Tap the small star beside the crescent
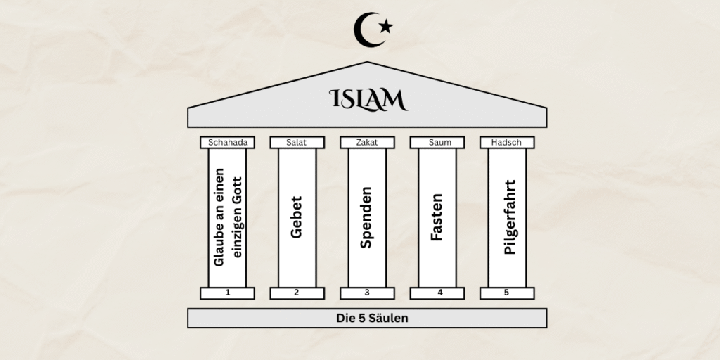(385, 27)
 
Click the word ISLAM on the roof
(368, 99)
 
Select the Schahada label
(227, 143)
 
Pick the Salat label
(297, 143)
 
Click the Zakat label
(367, 143)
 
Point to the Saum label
(437, 143)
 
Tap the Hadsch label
(507, 143)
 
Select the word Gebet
(297, 217)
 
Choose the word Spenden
(366, 217)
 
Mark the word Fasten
(437, 217)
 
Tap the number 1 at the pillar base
(227, 292)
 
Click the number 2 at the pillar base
(297, 292)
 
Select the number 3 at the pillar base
(367, 292)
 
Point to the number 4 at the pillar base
(437, 292)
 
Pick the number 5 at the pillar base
(507, 292)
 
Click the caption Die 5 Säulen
(367, 319)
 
